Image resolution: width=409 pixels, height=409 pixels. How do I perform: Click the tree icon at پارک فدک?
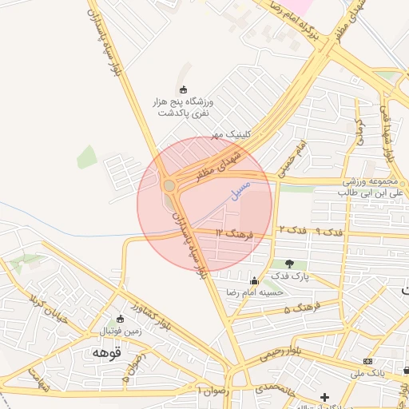(289, 264)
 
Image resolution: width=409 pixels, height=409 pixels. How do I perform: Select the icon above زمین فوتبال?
(121, 318)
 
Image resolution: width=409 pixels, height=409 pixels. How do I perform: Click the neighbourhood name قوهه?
(105, 352)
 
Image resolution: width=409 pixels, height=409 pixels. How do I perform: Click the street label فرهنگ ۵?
(304, 306)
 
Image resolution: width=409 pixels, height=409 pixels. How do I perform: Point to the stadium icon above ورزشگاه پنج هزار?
(184, 90)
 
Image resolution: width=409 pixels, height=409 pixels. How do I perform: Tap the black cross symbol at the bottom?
(324, 397)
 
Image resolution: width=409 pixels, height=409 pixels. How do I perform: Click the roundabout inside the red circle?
(169, 185)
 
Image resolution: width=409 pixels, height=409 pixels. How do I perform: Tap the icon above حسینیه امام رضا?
(254, 280)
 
